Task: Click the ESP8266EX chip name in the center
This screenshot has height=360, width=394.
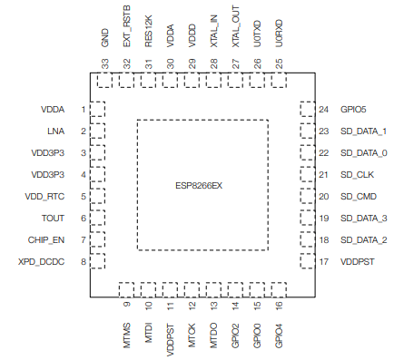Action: coord(199,185)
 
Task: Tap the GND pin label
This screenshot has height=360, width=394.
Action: coord(104,37)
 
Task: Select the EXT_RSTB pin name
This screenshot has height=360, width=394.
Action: coord(126,26)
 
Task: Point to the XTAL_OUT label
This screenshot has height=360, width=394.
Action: coord(235,26)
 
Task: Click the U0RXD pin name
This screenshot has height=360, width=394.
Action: coord(279,34)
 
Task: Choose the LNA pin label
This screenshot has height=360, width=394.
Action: coord(56,131)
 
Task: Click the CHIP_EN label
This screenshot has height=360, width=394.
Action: coord(46,240)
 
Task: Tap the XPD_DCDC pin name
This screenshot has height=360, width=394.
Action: coord(42,262)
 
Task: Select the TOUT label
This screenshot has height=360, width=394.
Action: coord(53,219)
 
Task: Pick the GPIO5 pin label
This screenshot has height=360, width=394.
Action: coord(353,110)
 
